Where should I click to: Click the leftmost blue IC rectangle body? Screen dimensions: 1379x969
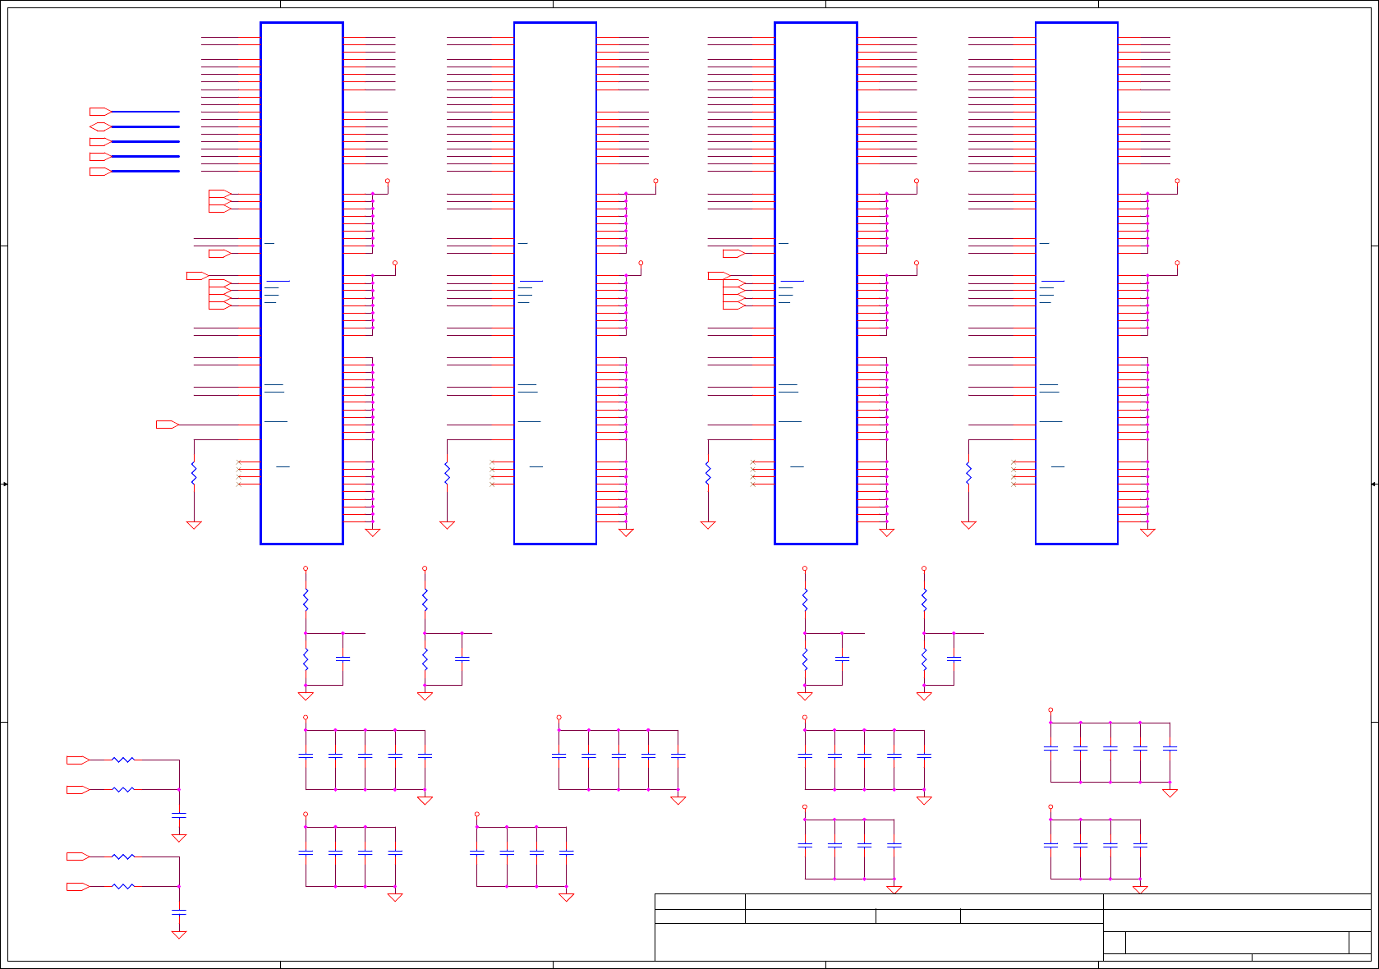[x=301, y=282]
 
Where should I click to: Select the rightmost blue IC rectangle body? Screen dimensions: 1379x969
[x=1076, y=282]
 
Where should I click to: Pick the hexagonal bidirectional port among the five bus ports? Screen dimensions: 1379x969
[x=100, y=126]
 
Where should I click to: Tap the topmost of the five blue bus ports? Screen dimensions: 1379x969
[x=100, y=111]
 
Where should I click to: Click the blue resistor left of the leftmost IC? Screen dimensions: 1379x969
[x=194, y=474]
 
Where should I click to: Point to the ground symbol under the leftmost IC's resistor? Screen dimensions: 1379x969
[x=194, y=525]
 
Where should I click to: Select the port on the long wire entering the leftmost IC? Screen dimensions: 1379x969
[x=168, y=425]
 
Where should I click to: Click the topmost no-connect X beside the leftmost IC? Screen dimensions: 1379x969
[x=239, y=462]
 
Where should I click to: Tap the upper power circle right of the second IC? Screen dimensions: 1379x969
[x=655, y=181]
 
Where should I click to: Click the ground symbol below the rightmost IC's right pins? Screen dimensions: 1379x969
[x=1147, y=532]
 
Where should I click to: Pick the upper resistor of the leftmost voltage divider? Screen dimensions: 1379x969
[x=306, y=600]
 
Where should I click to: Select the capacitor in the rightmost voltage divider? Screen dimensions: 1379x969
[x=954, y=659]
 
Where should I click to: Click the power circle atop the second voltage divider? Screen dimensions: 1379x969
[x=425, y=568]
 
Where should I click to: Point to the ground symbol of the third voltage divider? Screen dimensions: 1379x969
[x=805, y=696]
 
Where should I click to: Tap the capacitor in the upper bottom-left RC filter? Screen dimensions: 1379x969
[x=179, y=815]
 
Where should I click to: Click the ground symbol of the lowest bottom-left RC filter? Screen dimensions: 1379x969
[x=179, y=935]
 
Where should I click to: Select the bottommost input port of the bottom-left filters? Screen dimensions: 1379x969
[x=78, y=887]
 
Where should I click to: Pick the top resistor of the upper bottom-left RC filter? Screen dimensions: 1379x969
[x=123, y=760]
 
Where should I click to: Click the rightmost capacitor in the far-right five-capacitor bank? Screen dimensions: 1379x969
[x=1170, y=748]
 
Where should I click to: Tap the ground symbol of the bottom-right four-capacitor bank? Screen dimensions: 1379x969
[x=1140, y=889]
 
